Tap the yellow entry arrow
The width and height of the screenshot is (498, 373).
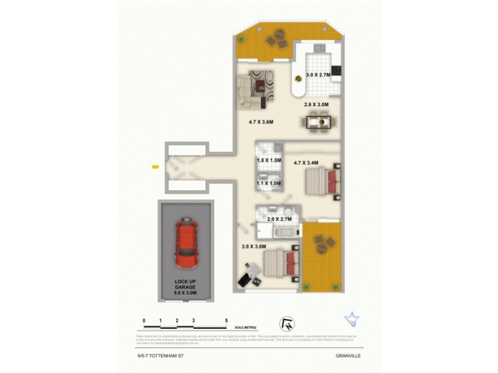(155, 166)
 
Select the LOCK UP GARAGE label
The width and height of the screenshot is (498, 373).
(186, 287)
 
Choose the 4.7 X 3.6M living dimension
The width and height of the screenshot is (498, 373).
(261, 122)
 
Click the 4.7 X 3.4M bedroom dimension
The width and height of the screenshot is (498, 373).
(306, 163)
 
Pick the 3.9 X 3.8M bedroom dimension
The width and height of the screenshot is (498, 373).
(254, 247)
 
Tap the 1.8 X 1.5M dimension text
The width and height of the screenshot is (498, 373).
(269, 161)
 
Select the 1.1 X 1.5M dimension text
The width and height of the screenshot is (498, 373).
(269, 183)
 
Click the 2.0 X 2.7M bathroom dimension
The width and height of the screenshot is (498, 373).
(280, 219)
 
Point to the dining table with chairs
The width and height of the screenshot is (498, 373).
(321, 122)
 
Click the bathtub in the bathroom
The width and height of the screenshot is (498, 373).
(285, 233)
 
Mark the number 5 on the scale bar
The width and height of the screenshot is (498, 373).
(227, 321)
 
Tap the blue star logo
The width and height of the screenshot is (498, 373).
(352, 320)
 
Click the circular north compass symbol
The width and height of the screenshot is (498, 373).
(288, 323)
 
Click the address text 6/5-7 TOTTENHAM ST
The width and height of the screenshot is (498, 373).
(160, 356)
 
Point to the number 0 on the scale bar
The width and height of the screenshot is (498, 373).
(144, 321)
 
